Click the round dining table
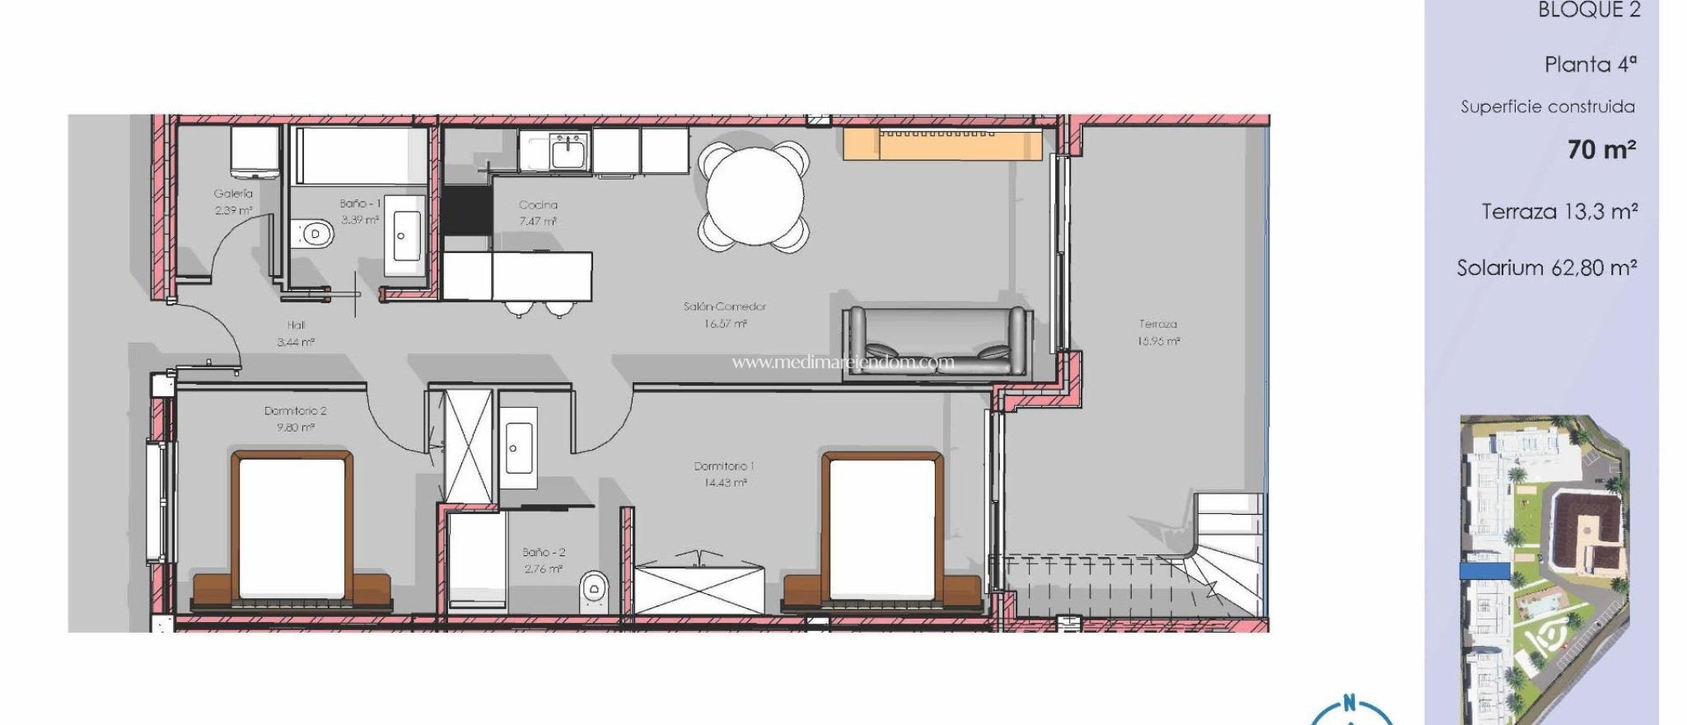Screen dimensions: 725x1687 tap(754, 197)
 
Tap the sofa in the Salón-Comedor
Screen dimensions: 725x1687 tap(937, 342)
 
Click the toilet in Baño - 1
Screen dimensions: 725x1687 tap(313, 234)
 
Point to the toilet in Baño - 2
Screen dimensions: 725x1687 tap(593, 589)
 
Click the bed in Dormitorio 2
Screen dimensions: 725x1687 tap(292, 527)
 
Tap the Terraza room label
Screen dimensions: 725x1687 tap(1158, 324)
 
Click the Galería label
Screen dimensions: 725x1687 tap(233, 194)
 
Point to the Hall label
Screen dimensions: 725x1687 tap(296, 325)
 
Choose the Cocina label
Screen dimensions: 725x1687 tap(538, 205)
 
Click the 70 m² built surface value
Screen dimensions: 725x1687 tap(1601, 150)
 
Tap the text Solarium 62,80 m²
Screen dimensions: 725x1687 tap(1546, 268)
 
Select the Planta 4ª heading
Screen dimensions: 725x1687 tap(1590, 64)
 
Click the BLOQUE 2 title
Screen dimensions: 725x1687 tap(1589, 11)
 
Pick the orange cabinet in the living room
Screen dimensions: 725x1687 tap(942, 143)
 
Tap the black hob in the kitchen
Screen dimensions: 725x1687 tap(466, 209)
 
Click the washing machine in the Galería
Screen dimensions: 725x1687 tap(255, 152)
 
